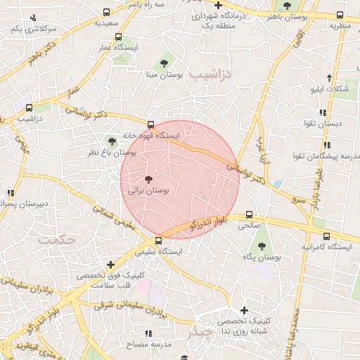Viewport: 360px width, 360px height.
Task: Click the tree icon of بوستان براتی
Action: [148, 179]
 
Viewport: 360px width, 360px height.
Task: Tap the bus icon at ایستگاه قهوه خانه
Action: [150, 124]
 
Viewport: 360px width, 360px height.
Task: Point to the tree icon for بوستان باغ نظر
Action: [112, 141]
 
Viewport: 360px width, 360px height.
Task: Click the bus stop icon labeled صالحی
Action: [249, 215]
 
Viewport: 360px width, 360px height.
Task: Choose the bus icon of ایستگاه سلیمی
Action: [157, 240]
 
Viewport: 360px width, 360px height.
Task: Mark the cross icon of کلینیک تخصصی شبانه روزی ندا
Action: [244, 310]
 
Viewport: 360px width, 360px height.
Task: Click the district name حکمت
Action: [57, 240]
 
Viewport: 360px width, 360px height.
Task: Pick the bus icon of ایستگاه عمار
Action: [118, 37]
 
